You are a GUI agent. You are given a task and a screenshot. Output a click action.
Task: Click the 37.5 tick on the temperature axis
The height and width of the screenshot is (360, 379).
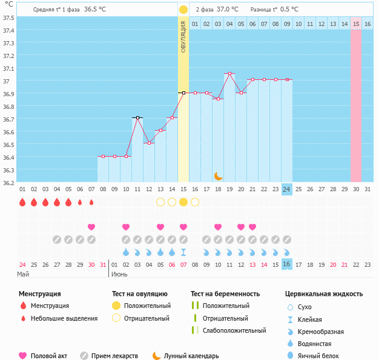8,17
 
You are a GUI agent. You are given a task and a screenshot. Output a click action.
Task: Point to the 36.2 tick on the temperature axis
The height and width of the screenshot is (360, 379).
8,182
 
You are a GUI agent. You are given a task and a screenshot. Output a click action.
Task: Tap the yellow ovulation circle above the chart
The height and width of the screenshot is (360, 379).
183,10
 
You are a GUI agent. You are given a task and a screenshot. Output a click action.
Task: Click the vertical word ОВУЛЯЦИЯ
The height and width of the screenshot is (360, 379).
183,38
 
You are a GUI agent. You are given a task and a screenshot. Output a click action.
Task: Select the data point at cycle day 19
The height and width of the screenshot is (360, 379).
229,74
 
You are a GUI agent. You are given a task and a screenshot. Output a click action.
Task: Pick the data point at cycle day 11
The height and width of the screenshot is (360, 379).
137,117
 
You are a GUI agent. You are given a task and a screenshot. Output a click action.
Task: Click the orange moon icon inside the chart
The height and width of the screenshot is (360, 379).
219,176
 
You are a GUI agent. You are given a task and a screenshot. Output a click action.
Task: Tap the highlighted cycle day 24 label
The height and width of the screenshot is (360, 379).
287,189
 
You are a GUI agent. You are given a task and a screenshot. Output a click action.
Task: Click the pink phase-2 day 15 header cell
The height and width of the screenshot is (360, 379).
356,24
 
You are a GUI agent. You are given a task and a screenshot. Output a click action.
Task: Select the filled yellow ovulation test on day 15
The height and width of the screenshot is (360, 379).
183,202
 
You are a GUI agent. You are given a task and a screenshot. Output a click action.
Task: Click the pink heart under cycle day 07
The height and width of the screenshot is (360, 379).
91,227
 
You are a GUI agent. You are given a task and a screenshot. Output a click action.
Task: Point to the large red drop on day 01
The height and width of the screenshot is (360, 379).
22,202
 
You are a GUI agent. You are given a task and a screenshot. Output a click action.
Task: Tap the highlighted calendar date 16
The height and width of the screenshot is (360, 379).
287,264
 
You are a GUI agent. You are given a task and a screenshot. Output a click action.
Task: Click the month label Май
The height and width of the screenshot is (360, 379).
22,274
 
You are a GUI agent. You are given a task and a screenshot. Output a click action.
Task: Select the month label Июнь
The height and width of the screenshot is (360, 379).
119,274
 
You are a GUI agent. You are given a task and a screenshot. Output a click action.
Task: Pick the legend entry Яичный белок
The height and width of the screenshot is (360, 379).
323,356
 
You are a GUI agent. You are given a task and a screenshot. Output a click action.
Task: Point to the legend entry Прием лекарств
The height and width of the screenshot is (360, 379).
114,356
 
